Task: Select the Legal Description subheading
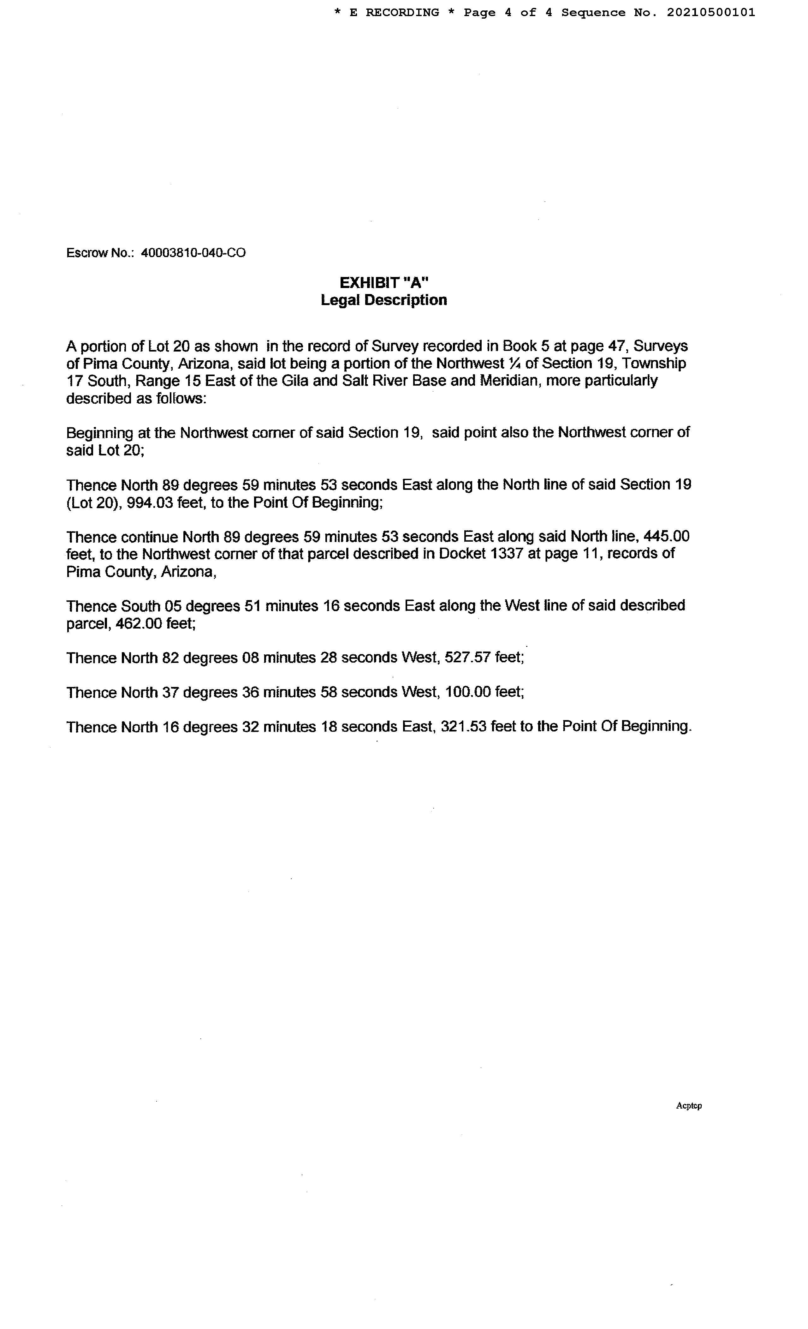click(x=384, y=300)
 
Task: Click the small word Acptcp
click(x=688, y=1106)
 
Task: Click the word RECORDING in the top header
click(x=402, y=12)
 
